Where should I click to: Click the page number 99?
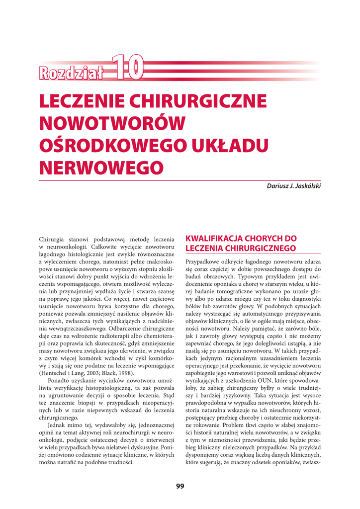pyautogui.click(x=180, y=486)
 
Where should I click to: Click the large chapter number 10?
pyautogui.click(x=127, y=68)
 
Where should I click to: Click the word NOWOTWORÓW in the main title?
pyautogui.click(x=112, y=122)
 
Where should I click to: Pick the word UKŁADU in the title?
pyautogui.click(x=235, y=145)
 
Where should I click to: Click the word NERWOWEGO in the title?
pyautogui.click(x=101, y=167)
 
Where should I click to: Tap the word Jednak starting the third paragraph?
pyautogui.click(x=58, y=425)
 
